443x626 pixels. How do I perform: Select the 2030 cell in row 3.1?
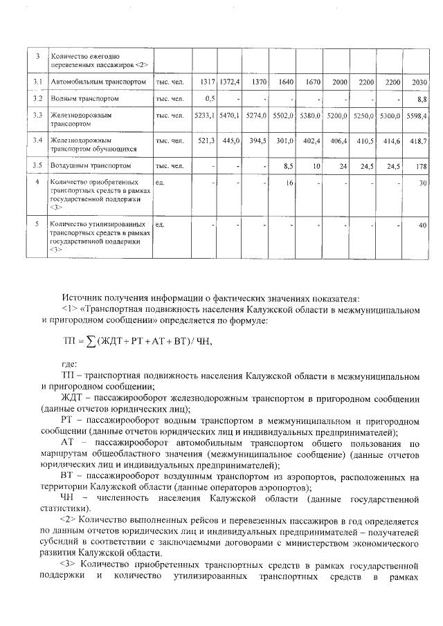coord(419,82)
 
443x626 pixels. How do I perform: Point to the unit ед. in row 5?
coord(160,225)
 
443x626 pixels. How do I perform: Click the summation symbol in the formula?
coord(91,341)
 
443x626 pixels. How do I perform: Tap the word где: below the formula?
coord(69,364)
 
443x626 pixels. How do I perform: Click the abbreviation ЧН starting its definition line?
coord(69,498)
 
